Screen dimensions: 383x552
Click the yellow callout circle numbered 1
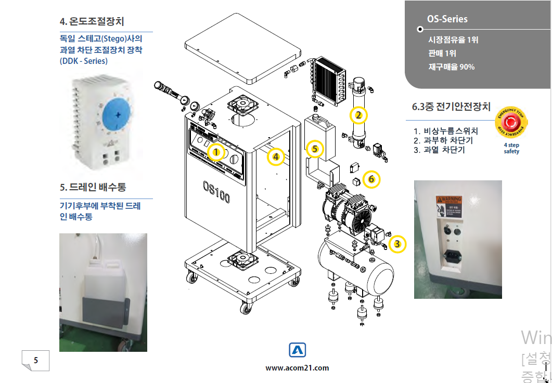click(216, 152)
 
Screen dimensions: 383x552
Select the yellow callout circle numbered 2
click(358, 114)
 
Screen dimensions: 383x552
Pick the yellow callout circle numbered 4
click(276, 155)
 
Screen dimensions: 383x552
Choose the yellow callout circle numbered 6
click(371, 179)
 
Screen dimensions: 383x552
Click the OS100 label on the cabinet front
click(216, 192)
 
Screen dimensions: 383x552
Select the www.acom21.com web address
click(297, 368)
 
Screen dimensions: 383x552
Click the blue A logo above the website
click(297, 351)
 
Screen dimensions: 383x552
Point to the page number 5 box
click(35, 360)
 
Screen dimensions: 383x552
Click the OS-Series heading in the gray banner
click(447, 19)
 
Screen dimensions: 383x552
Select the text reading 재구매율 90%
click(451, 67)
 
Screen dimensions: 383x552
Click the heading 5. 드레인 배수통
click(93, 186)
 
